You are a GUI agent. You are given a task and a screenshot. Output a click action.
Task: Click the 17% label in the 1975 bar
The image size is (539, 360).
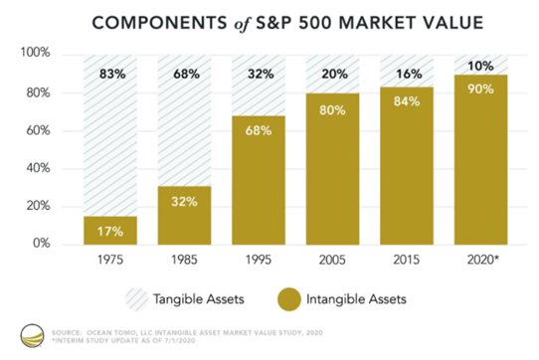(109, 232)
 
